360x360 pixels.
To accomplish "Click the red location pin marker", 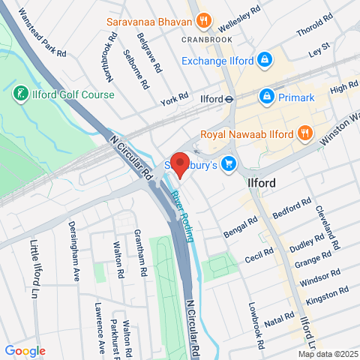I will (x=179, y=163).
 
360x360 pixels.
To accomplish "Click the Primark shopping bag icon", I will (x=266, y=96).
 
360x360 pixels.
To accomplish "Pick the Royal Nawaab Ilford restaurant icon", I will (x=304, y=134).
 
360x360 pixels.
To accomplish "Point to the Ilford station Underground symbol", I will (x=231, y=98).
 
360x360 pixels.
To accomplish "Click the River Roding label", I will (x=183, y=214).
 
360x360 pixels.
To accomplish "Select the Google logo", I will (x=25, y=350).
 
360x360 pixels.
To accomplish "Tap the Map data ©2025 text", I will (x=328, y=354).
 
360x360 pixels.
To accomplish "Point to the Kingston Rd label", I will (x=334, y=294).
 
